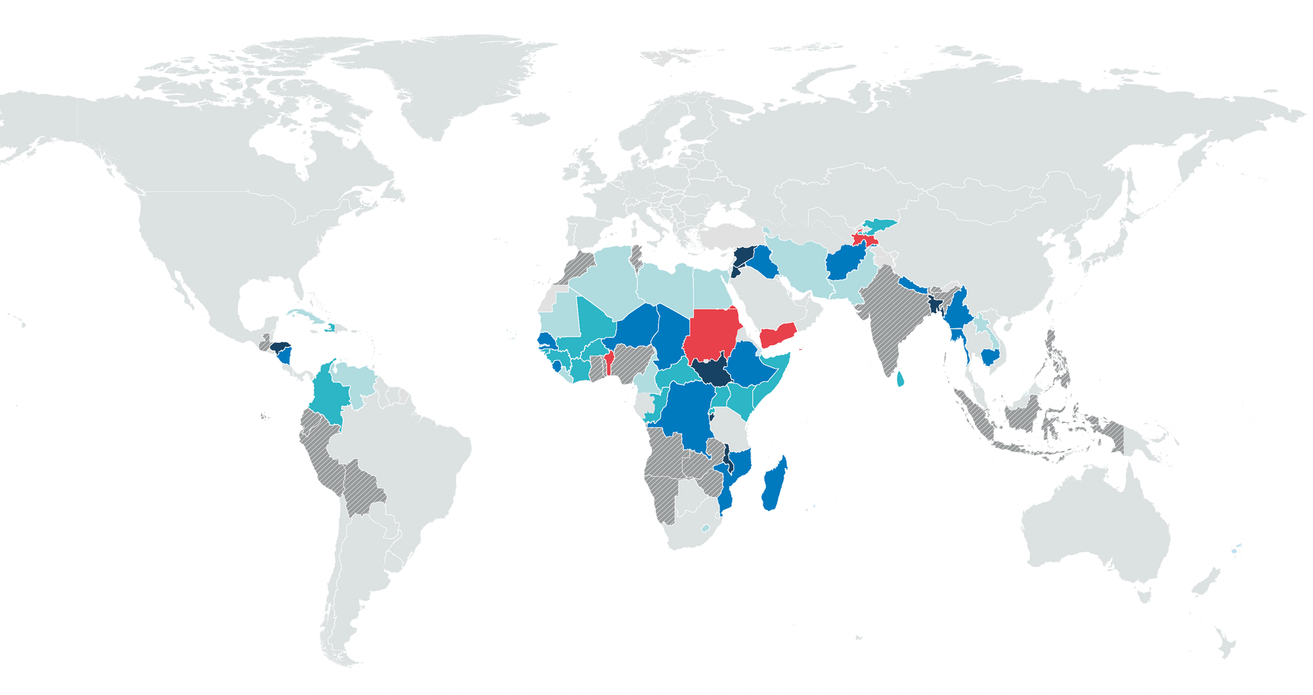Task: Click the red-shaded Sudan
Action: pyautogui.click(x=712, y=335)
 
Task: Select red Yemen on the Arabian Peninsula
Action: pyautogui.click(x=778, y=334)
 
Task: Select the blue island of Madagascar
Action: pyautogui.click(x=775, y=486)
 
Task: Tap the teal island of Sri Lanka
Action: pyautogui.click(x=899, y=379)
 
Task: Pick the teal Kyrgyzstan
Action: pyautogui.click(x=880, y=226)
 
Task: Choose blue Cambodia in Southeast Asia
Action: pyautogui.click(x=990, y=356)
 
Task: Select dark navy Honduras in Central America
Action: pyautogui.click(x=282, y=346)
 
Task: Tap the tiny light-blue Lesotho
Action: pyautogui.click(x=705, y=528)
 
